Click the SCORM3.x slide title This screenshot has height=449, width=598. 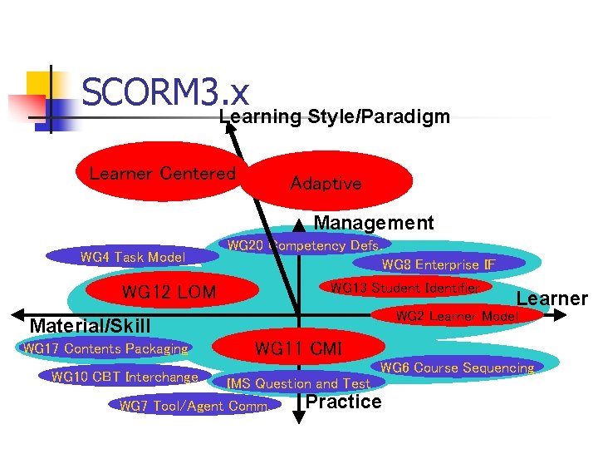(166, 92)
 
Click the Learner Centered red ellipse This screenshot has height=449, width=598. (162, 174)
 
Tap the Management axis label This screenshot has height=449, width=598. (373, 223)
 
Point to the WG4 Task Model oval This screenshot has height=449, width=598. (132, 257)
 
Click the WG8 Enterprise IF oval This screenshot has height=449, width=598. (439, 265)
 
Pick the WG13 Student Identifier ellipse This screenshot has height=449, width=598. (404, 288)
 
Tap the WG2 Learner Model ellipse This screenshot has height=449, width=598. (457, 316)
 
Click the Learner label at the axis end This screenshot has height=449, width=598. (551, 299)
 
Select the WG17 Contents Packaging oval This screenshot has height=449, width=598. (105, 348)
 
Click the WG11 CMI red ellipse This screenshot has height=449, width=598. (298, 348)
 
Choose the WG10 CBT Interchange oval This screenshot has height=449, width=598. (125, 377)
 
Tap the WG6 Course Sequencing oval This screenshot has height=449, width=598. (457, 368)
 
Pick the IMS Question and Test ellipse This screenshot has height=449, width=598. (299, 383)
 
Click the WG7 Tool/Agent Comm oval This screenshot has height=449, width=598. (194, 406)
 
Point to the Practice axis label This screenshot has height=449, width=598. (344, 402)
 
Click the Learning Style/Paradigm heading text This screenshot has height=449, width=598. (334, 116)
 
